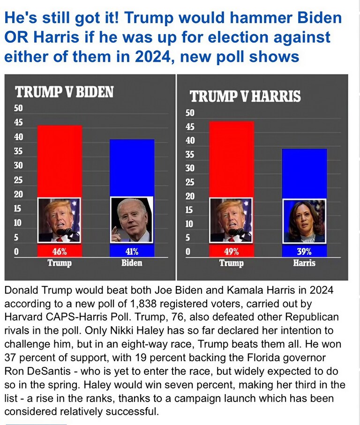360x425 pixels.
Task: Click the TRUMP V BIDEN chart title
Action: tap(64, 91)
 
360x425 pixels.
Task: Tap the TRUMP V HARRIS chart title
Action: tap(245, 97)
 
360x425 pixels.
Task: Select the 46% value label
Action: tap(59, 252)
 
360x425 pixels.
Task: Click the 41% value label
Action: tap(131, 252)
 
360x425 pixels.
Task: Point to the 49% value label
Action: tap(231, 252)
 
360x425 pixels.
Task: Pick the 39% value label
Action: tap(304, 252)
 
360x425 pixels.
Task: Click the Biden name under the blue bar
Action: tap(131, 263)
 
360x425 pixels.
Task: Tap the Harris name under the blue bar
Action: tap(304, 263)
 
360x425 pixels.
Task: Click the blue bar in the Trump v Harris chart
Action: tap(304, 173)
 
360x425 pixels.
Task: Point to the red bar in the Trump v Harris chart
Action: tap(232, 159)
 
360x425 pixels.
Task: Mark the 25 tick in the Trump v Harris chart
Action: tap(190, 182)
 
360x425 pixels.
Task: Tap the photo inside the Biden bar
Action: tap(132, 220)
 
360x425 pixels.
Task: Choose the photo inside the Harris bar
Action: tap(304, 221)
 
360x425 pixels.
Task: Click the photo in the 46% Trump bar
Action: tap(59, 220)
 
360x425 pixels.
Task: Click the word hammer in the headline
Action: tap(241, 19)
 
